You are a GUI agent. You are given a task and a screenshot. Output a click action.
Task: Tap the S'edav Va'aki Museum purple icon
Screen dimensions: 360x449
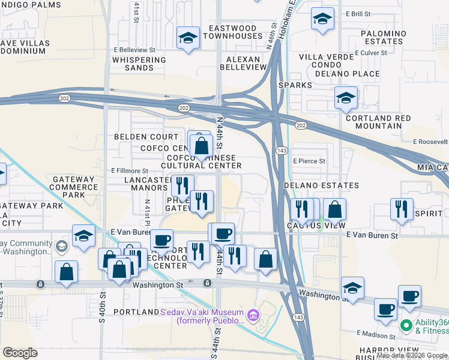[253, 314]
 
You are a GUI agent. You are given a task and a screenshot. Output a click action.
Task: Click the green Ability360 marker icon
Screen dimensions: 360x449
[406, 326]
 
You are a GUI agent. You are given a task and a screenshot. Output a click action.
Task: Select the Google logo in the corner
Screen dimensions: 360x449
[20, 352]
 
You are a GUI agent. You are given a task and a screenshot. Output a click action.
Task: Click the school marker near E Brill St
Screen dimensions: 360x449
[322, 19]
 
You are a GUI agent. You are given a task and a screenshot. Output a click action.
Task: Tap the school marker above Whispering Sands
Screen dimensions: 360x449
[188, 38]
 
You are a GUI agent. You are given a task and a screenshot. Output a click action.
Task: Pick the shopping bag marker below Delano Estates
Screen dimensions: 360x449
[335, 210]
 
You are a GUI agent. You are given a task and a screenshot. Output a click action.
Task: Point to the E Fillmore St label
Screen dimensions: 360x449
[130, 171]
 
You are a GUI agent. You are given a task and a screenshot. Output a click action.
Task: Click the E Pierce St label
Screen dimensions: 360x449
[309, 161]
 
